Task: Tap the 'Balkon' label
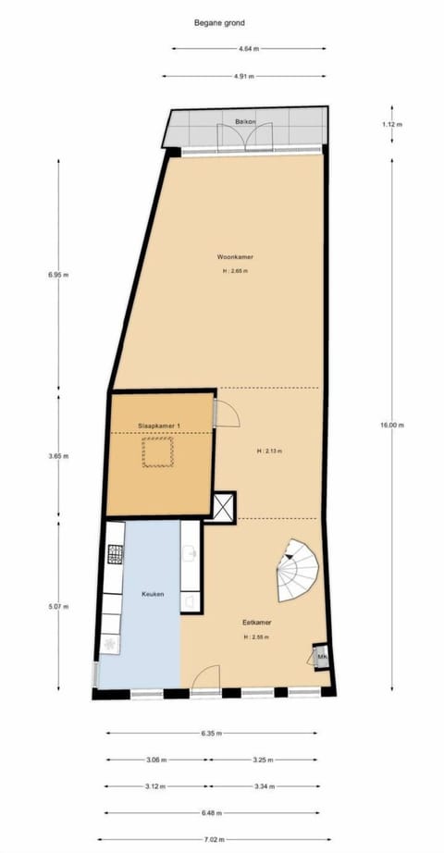pos(245,121)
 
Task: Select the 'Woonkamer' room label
pos(235,256)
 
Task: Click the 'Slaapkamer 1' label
pos(158,425)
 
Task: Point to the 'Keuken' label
pos(153,594)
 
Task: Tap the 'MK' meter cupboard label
pos(322,658)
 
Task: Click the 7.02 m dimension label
pos(216,840)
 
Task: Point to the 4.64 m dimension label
pos(248,48)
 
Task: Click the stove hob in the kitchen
pos(116,554)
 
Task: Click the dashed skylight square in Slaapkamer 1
pos(158,453)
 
